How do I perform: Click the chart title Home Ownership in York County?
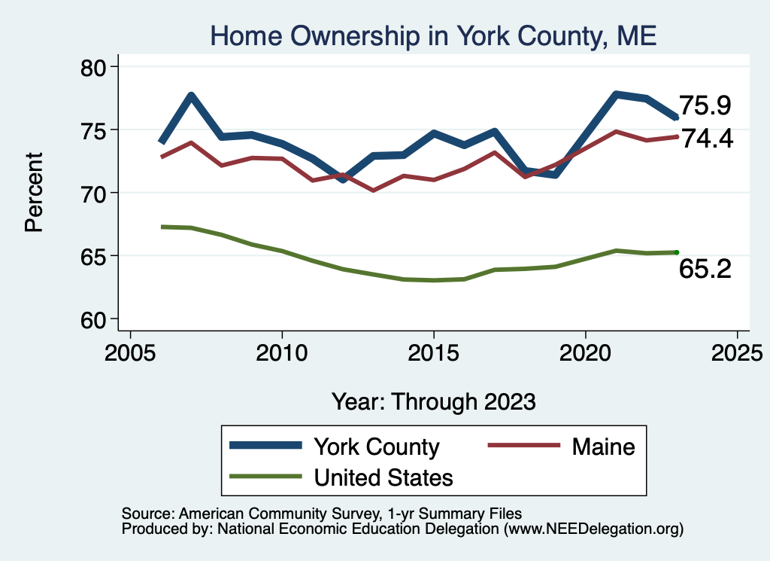click(433, 36)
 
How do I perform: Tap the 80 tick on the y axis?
click(92, 67)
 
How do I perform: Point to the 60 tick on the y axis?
click(92, 319)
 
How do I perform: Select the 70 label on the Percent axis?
click(92, 194)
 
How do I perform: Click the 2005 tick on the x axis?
click(130, 353)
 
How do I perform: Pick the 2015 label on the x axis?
click(434, 353)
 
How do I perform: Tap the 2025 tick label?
click(737, 353)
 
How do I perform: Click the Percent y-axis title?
click(34, 192)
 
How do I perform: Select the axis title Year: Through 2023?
click(434, 401)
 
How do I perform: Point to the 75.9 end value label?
click(705, 105)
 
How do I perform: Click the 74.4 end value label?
click(708, 138)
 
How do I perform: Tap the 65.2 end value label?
click(705, 269)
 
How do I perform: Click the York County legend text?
click(377, 447)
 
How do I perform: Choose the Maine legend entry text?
click(604, 447)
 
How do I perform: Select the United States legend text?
click(383, 477)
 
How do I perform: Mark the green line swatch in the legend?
click(265, 476)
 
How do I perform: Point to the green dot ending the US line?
click(676, 252)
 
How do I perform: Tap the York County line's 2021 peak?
click(616, 94)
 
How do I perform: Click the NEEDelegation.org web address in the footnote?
click(595, 529)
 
